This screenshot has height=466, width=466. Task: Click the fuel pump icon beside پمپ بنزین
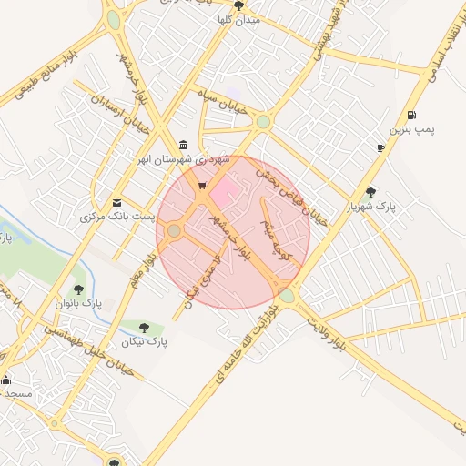(x=413, y=115)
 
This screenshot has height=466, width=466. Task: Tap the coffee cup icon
(x=380, y=147)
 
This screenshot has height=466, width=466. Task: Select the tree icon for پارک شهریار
(x=370, y=191)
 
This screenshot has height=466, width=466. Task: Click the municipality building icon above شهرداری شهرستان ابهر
(x=185, y=145)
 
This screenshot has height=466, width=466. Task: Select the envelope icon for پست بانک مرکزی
(x=116, y=202)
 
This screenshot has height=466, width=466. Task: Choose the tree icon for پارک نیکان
(x=145, y=327)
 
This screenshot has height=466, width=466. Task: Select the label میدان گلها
(x=240, y=18)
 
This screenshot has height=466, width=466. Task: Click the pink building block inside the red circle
(x=224, y=190)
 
